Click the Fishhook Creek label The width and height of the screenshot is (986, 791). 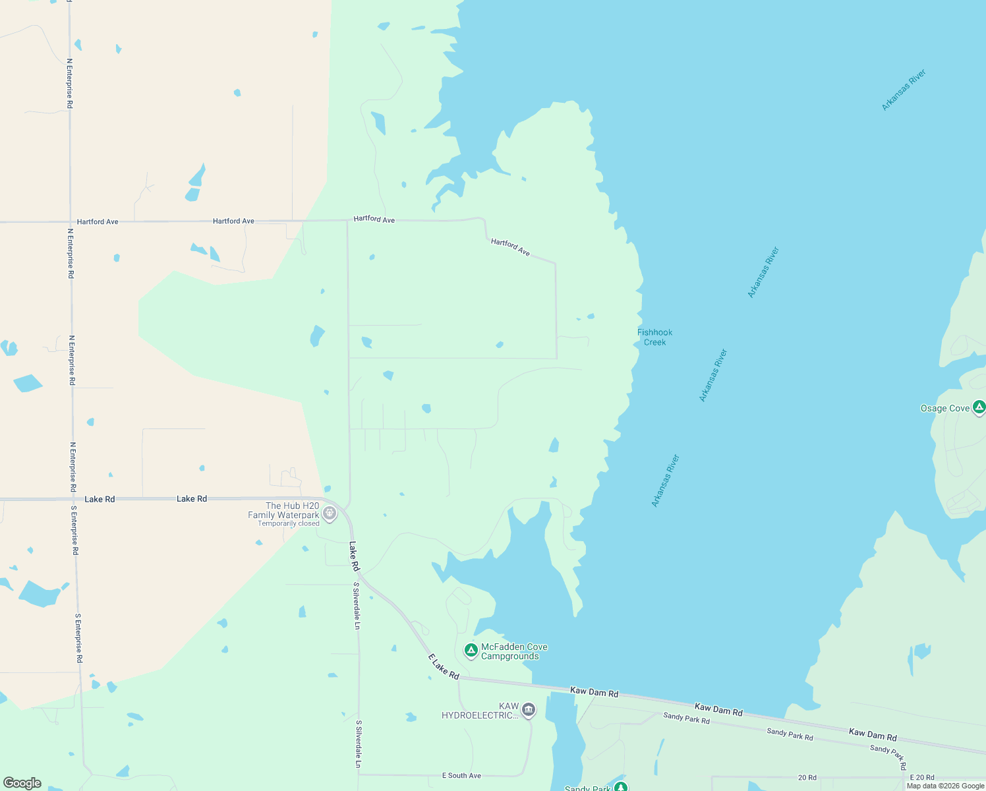tap(654, 337)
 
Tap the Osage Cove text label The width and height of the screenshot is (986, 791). tap(944, 409)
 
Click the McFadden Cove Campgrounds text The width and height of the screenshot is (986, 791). tap(514, 651)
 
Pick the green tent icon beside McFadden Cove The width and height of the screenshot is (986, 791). tap(471, 651)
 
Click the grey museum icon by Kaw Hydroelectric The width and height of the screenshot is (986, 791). tap(528, 710)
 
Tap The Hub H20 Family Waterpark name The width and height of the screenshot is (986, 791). tap(283, 510)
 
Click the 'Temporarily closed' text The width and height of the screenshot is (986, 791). tap(289, 524)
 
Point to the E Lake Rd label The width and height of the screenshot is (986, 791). tap(444, 666)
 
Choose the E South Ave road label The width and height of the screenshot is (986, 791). tap(461, 776)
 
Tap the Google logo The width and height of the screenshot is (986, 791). tap(22, 783)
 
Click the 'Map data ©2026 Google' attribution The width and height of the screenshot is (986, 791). tap(945, 786)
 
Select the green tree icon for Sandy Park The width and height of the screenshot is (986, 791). tap(620, 787)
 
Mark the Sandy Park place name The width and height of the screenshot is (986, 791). tap(588, 788)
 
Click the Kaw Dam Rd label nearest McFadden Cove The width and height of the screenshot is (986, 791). tap(594, 693)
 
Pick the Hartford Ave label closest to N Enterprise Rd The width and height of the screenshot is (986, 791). tap(98, 222)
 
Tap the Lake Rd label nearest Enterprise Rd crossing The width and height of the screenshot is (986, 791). tap(100, 499)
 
